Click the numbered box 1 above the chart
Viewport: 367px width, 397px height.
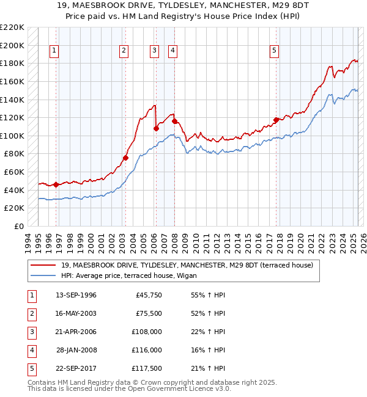pyautogui.click(x=54, y=51)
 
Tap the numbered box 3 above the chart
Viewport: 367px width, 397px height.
pyautogui.click(x=155, y=51)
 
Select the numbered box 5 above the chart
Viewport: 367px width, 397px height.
pyautogui.click(x=275, y=51)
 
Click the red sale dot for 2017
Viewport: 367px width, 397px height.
pyautogui.click(x=276, y=120)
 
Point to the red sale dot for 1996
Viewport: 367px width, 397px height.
pyautogui.click(x=56, y=184)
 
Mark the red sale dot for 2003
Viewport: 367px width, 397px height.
pyautogui.click(x=125, y=158)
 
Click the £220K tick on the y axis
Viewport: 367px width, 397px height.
pyautogui.click(x=12, y=27)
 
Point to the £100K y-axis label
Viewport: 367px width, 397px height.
pyautogui.click(x=12, y=136)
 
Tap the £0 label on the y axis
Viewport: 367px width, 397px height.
pyautogui.click(x=18, y=226)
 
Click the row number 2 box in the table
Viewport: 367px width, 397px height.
pyautogui.click(x=31, y=313)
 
